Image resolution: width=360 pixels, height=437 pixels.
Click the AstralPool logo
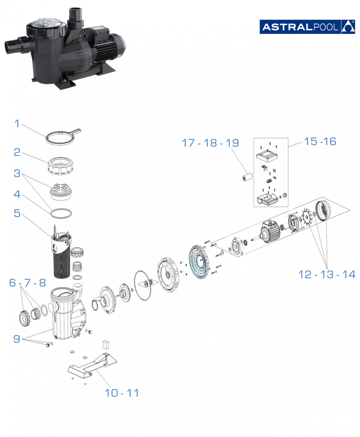(307, 27)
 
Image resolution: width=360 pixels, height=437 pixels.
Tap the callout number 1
(17, 123)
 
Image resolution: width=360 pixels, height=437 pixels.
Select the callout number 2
(17, 152)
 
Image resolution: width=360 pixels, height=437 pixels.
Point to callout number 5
(17, 213)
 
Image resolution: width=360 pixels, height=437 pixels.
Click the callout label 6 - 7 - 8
(27, 282)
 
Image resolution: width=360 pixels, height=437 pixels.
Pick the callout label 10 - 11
(121, 393)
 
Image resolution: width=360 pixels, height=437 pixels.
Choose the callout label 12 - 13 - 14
(327, 274)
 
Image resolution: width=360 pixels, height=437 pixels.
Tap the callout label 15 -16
(320, 142)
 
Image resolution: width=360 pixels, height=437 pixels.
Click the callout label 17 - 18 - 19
(210, 143)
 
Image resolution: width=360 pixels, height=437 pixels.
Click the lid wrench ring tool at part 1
(63, 137)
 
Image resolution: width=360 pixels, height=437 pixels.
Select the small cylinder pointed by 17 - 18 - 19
(247, 177)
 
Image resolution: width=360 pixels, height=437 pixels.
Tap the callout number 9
(17, 339)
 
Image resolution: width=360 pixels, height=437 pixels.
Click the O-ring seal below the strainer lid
(61, 214)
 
